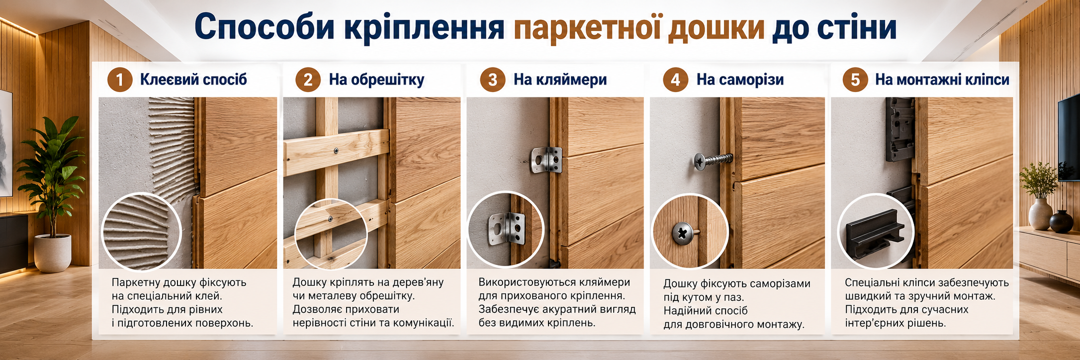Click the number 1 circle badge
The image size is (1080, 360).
pyautogui.click(x=119, y=80)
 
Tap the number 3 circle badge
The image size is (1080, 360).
pyautogui.click(x=493, y=80)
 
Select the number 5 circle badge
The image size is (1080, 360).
pyautogui.click(x=855, y=80)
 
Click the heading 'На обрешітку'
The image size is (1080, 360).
pyautogui.click(x=376, y=80)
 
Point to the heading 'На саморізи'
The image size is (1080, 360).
pyautogui.click(x=740, y=80)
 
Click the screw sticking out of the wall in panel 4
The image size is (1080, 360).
pyautogui.click(x=713, y=161)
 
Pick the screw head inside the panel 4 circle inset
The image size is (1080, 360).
pyautogui.click(x=682, y=233)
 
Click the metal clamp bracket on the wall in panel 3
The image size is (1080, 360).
pyautogui.click(x=546, y=160)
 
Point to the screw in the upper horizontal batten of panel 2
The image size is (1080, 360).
pyautogui.click(x=337, y=150)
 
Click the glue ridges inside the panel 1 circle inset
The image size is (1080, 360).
pyautogui.click(x=141, y=231)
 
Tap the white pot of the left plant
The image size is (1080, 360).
pyautogui.click(x=53, y=253)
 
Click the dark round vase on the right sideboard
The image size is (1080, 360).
pyautogui.click(x=1061, y=221)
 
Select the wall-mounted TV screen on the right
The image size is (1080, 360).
pyautogui.click(x=1069, y=137)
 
